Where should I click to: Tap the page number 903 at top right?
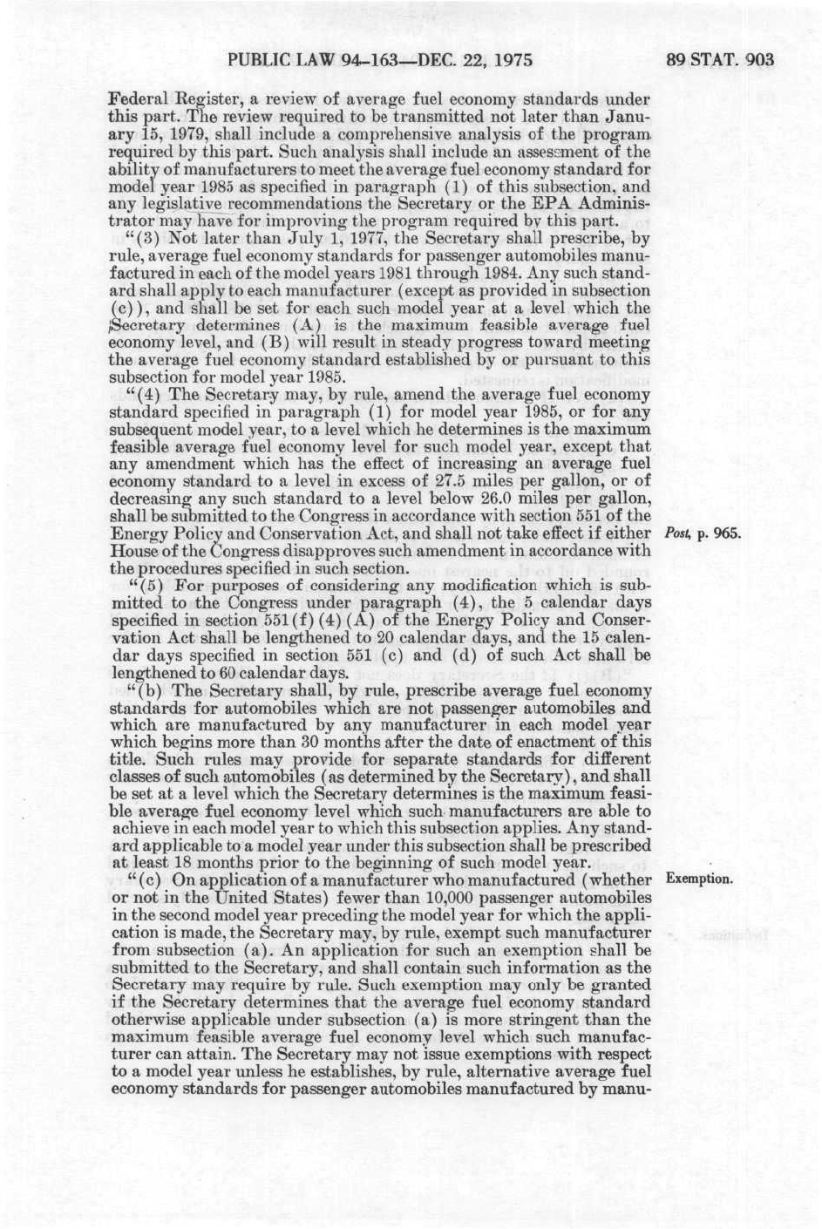755,60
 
